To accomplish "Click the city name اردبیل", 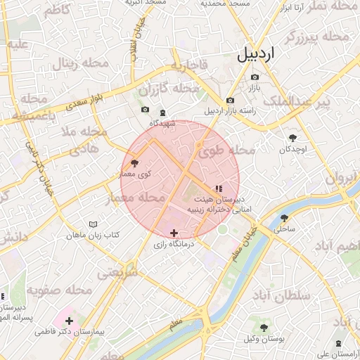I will pyautogui.click(x=255, y=53).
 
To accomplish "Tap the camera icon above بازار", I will pyautogui.click(x=254, y=77).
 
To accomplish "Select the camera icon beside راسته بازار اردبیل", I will pyautogui.click(x=231, y=101).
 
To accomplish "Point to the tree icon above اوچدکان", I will pyautogui.click(x=293, y=138).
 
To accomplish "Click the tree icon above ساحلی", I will pyautogui.click(x=285, y=218).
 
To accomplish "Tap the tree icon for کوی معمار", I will pyautogui.click(x=135, y=162).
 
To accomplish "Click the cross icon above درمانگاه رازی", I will pyautogui.click(x=174, y=233).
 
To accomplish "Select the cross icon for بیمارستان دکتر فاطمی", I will pyautogui.click(x=69, y=321).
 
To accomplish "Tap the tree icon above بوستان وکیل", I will pyautogui.click(x=264, y=328).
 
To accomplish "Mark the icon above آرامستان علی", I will pyautogui.click(x=339, y=343).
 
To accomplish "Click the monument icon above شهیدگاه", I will pyautogui.click(x=163, y=112).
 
